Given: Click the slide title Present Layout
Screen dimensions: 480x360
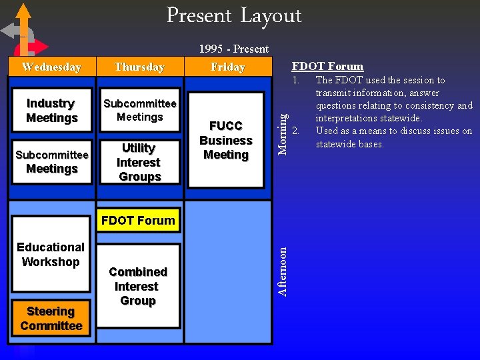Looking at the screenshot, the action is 234,15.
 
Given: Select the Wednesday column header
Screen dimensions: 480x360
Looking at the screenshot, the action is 51,67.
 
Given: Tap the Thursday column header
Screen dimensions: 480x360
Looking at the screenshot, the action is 139,67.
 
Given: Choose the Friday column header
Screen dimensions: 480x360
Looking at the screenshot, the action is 228,67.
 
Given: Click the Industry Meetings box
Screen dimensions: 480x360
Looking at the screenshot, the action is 51,111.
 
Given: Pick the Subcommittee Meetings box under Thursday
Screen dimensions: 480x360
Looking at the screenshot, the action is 139,110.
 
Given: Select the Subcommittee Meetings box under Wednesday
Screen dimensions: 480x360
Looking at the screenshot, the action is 51,162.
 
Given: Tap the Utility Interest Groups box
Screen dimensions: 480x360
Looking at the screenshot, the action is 139,162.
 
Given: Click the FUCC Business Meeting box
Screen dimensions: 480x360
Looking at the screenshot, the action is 226,141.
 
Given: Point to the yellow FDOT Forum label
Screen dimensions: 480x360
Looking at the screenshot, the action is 138,221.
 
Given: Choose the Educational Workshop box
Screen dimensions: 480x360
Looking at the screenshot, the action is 51,255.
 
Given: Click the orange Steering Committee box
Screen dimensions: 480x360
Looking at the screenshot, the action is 51,319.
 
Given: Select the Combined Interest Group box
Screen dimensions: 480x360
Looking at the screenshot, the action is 137,286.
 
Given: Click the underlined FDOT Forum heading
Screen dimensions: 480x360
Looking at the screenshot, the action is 327,66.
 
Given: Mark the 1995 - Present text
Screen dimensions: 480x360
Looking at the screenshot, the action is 234,49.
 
